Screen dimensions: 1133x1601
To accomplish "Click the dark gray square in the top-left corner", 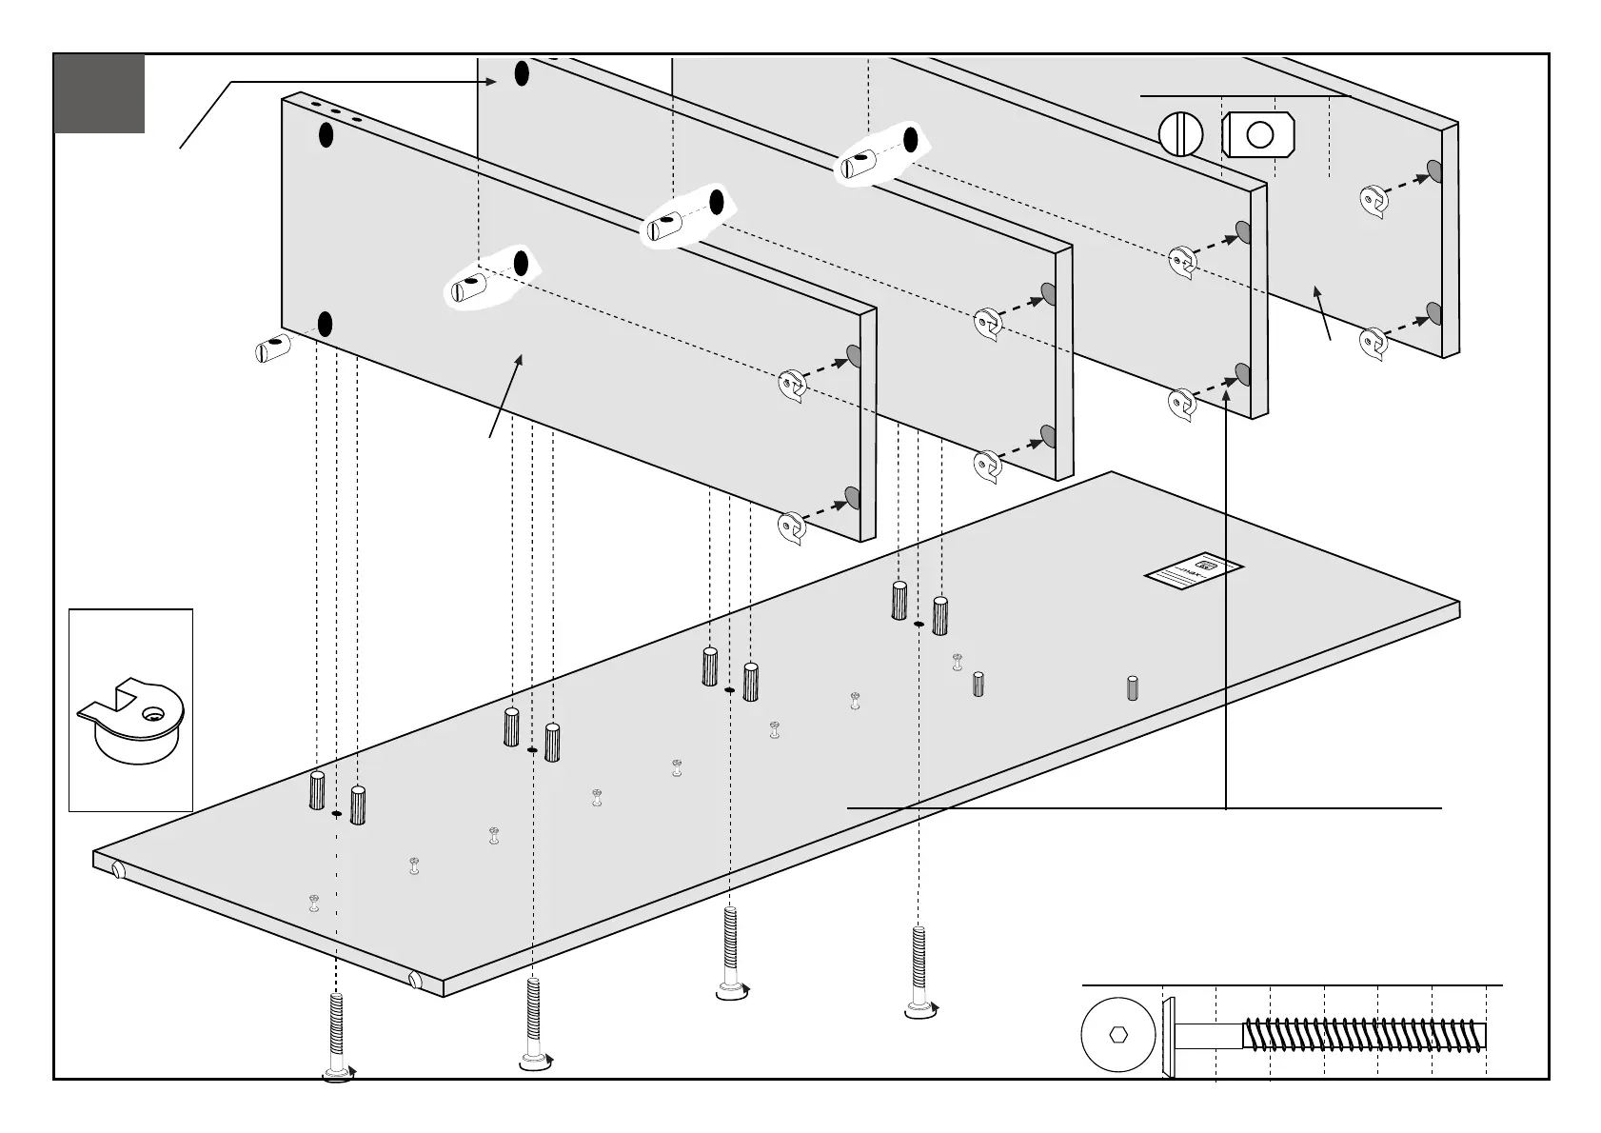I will (x=99, y=93).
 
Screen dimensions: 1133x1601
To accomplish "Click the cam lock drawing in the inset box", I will (x=128, y=721).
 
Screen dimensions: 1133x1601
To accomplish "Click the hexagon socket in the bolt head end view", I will (x=1118, y=1034).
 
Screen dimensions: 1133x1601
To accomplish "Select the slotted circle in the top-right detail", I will (x=1180, y=134).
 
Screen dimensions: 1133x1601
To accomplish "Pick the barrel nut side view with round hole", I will (x=1258, y=134).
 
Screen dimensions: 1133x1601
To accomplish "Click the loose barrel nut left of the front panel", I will (x=272, y=348).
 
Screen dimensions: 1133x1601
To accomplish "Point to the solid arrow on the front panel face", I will (x=505, y=394).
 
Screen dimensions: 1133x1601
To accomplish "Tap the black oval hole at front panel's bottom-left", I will (x=325, y=325).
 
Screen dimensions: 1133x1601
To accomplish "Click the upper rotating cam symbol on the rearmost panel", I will (x=1373, y=200).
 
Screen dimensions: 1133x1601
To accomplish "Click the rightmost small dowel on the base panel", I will (x=1133, y=686).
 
